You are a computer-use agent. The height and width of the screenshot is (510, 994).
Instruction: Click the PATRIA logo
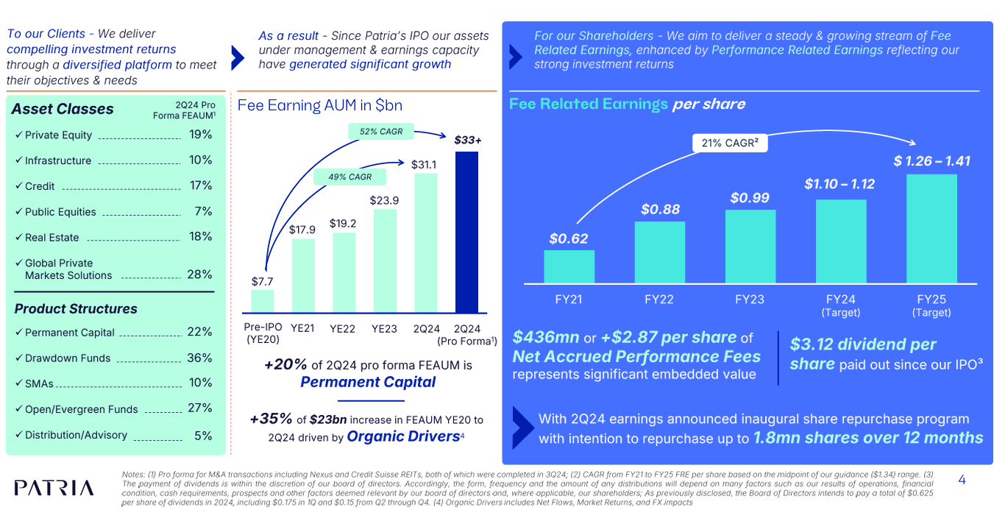tap(54, 488)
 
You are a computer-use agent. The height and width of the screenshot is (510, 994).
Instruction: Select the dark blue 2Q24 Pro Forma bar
tap(466, 232)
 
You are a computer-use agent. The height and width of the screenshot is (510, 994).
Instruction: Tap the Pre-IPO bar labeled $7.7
tap(263, 301)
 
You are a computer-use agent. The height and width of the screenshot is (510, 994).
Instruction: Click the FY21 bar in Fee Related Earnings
tap(569, 266)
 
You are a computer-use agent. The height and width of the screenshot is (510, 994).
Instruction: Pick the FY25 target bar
tap(931, 228)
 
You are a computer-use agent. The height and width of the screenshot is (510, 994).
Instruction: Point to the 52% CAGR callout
tap(381, 132)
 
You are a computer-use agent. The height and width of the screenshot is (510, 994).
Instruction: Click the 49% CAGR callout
tap(349, 177)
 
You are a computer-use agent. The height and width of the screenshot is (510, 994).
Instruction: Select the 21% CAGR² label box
tap(729, 143)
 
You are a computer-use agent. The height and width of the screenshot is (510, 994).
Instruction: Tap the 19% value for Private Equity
tap(200, 135)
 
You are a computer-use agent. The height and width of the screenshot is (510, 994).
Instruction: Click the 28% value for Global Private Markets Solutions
tap(199, 275)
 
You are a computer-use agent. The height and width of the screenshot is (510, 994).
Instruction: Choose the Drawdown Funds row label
tap(68, 358)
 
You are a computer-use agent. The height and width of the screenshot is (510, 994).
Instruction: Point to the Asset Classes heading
tap(63, 109)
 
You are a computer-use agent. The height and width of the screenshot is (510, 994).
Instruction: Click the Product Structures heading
tap(76, 309)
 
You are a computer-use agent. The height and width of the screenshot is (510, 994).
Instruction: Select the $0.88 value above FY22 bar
tap(660, 209)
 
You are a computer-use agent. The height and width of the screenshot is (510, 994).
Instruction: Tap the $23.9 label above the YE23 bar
tap(384, 200)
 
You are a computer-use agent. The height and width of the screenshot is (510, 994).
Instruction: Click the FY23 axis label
tap(750, 300)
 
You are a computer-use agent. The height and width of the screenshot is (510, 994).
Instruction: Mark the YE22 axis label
tap(343, 329)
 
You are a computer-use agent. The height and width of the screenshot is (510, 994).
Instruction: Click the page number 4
tap(962, 480)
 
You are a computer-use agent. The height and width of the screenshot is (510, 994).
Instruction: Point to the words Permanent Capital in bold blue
tap(368, 382)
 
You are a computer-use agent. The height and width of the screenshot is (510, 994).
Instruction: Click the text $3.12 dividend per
tap(863, 344)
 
